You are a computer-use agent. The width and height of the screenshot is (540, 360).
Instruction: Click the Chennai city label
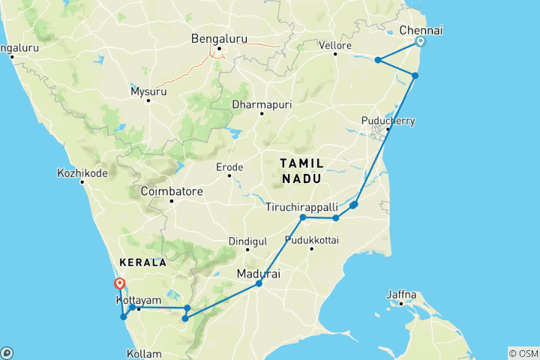[421, 30]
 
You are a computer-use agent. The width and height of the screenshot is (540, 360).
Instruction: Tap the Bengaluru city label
[219, 38]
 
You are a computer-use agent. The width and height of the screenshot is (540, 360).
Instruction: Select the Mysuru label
[148, 91]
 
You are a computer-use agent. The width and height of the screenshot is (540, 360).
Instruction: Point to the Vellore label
[337, 46]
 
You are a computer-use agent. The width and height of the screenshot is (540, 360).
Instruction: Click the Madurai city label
[258, 274]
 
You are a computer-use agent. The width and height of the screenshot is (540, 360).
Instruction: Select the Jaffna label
[401, 295]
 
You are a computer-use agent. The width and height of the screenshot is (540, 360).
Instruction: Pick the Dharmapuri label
[261, 103]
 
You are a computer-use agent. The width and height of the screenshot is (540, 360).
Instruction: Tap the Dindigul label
[247, 241]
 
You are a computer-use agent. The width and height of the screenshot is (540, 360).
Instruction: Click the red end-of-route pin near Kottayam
[118, 283]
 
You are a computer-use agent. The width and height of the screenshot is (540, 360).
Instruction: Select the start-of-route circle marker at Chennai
[421, 42]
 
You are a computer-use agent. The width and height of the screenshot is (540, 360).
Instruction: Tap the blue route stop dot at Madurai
[259, 283]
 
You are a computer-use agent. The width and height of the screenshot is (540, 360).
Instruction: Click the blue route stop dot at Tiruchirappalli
[303, 217]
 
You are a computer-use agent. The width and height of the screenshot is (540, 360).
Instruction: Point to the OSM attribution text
[523, 353]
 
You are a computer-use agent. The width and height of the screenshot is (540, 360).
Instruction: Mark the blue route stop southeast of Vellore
[379, 60]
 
